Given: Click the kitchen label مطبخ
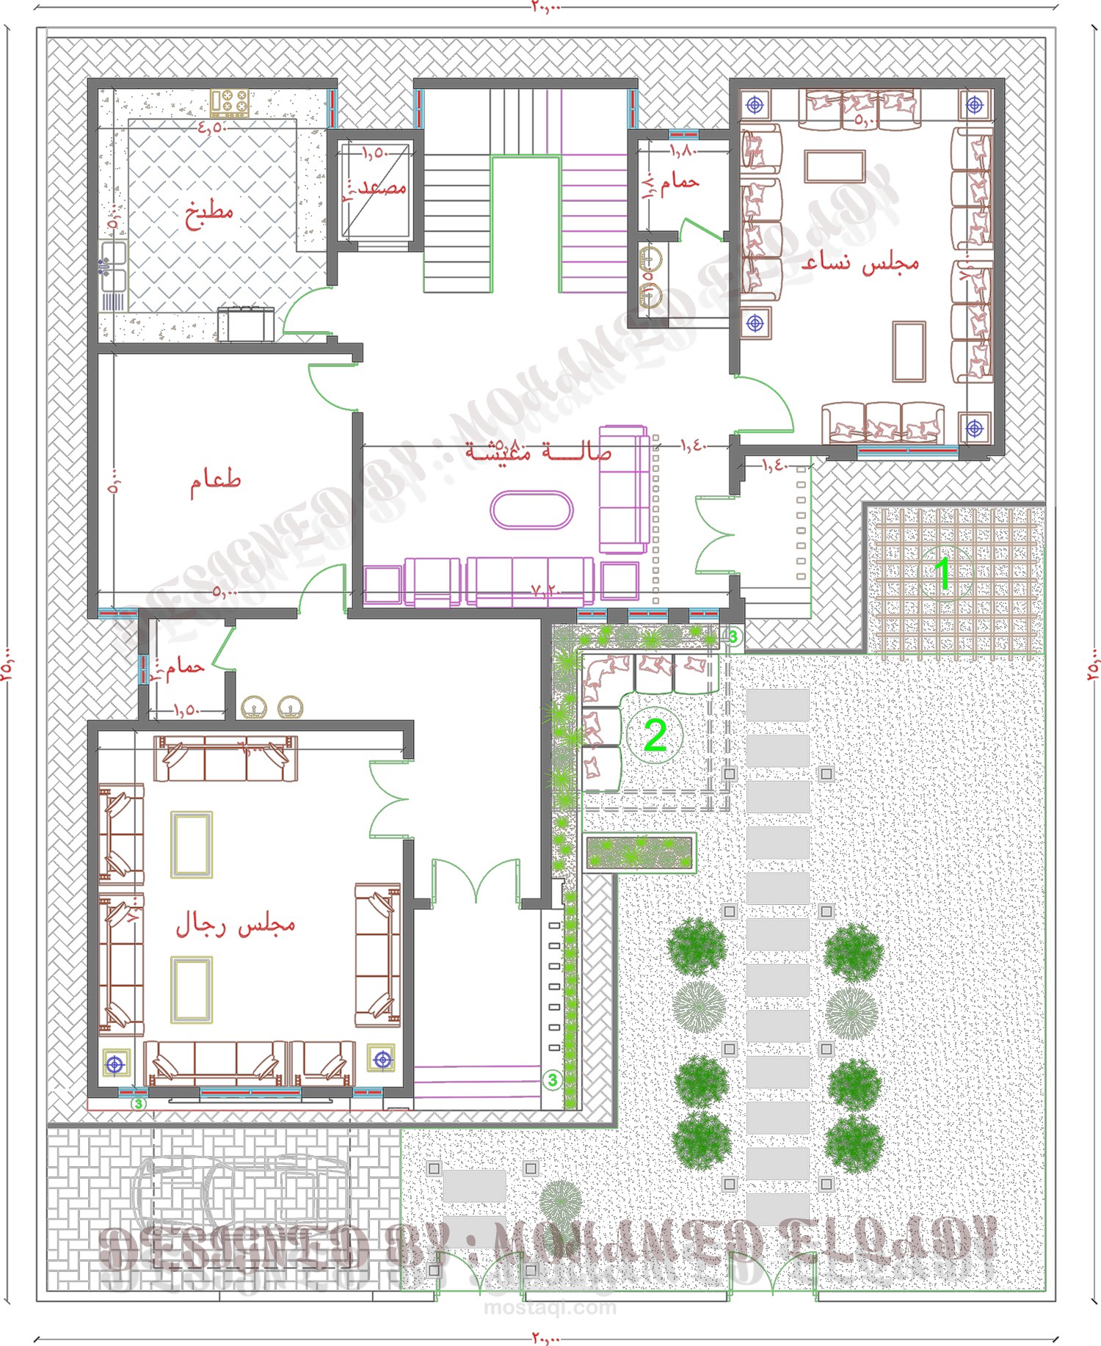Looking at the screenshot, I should pyautogui.click(x=209, y=213).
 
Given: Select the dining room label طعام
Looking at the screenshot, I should pyautogui.click(x=216, y=481).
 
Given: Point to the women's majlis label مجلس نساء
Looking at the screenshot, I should pyautogui.click(x=860, y=263).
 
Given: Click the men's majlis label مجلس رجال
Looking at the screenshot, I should pyautogui.click(x=235, y=925).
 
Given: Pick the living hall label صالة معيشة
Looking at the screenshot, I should pyautogui.click(x=538, y=450).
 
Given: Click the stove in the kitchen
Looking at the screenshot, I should pyautogui.click(x=230, y=103).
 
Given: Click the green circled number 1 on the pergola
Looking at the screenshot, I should pyautogui.click(x=943, y=573).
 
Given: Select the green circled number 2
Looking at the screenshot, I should pyautogui.click(x=655, y=735).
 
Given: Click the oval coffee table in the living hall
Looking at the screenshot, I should pyautogui.click(x=531, y=510).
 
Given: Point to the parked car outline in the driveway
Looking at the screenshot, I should pyautogui.click(x=242, y=1200).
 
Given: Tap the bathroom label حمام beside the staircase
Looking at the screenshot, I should pyautogui.click(x=680, y=181).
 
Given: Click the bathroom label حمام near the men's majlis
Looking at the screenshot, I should pyautogui.click(x=184, y=666).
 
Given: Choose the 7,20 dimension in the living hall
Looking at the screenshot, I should pyautogui.click(x=545, y=590).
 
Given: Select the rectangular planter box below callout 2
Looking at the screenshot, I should pyautogui.click(x=639, y=853).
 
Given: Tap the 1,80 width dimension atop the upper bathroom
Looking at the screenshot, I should pyautogui.click(x=683, y=150).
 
